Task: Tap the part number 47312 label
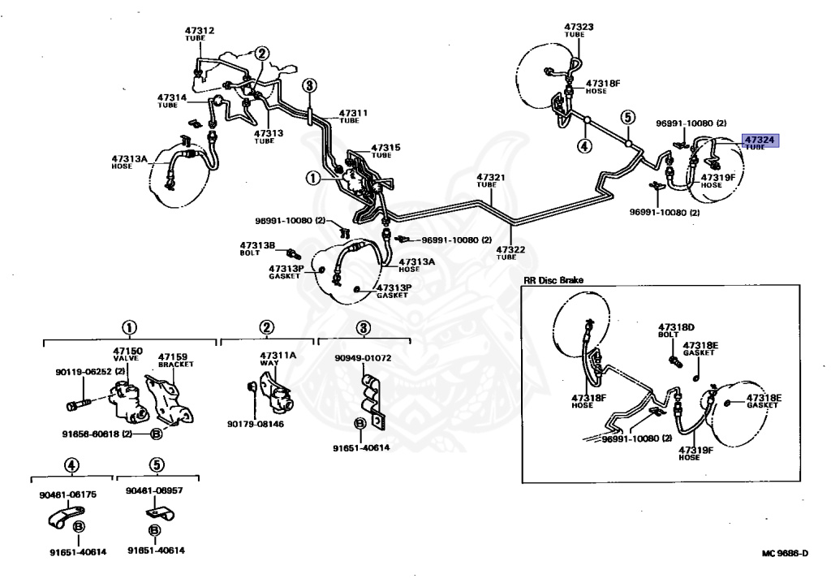[x=199, y=31]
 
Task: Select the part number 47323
[x=579, y=27]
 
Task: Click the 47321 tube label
[x=490, y=176]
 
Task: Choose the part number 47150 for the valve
[x=127, y=350]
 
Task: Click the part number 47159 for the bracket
[x=173, y=356]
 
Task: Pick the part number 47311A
[x=278, y=356]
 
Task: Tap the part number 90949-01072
[x=363, y=357]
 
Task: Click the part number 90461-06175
[x=67, y=493]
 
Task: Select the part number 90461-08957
[x=155, y=493]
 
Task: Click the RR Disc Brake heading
[x=553, y=280]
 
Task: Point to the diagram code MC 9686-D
[x=784, y=554]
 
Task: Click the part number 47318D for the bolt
[x=678, y=327]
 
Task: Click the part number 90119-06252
[x=83, y=372]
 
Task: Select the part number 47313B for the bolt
[x=257, y=244]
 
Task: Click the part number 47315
[x=385, y=147]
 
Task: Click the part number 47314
[x=172, y=97]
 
